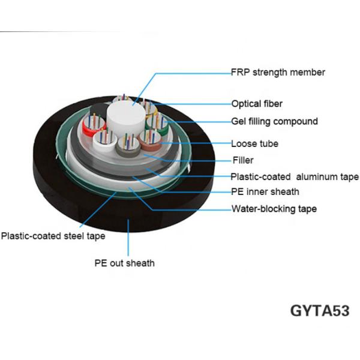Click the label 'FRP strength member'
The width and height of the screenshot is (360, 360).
(278, 73)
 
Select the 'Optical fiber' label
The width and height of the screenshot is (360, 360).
(257, 104)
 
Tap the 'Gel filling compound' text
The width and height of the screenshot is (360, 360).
(274, 121)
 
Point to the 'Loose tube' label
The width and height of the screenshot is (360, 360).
(254, 144)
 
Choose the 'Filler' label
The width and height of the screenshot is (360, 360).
(243, 160)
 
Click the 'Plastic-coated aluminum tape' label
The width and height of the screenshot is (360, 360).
(295, 176)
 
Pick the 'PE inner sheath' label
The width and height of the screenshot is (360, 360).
(265, 192)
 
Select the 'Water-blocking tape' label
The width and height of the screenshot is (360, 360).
(274, 209)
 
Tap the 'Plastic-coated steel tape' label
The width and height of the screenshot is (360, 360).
(53, 236)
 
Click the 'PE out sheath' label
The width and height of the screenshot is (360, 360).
(124, 263)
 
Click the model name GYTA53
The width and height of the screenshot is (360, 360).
(319, 311)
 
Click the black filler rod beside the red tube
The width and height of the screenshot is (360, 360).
(98, 112)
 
